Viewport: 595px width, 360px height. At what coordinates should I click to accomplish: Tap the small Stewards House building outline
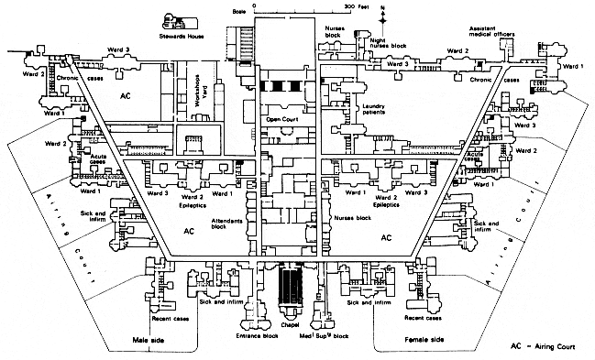pos(172,21)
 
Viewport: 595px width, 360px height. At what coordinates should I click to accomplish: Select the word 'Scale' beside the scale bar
pos(241,7)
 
